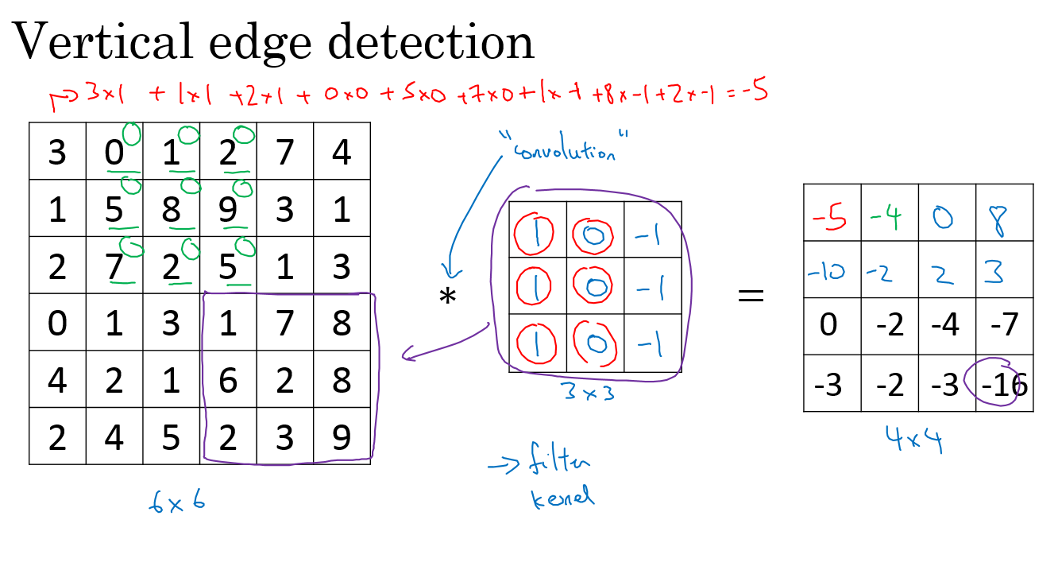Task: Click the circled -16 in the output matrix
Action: pyautogui.click(x=1003, y=386)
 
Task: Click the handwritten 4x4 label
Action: pyautogui.click(x=914, y=440)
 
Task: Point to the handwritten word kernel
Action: pyautogui.click(x=562, y=498)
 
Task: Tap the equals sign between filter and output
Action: pyautogui.click(x=751, y=296)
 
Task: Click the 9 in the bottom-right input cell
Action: pyautogui.click(x=342, y=436)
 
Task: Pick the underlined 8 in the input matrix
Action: pyautogui.click(x=171, y=210)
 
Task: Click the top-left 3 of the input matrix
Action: pyautogui.click(x=57, y=152)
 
